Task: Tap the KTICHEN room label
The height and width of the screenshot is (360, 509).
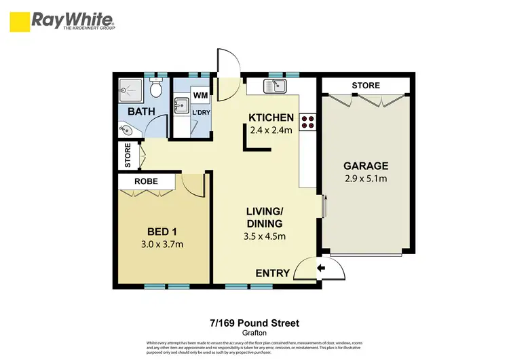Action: point(271,117)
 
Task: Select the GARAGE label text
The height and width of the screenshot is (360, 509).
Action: point(365,166)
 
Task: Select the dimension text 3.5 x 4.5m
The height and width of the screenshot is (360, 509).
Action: point(265,236)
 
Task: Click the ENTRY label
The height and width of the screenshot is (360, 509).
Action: point(272,274)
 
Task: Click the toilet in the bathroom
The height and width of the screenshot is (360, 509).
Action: point(156,88)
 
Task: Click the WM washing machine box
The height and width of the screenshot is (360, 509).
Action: point(200,96)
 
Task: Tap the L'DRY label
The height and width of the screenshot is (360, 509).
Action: point(200,111)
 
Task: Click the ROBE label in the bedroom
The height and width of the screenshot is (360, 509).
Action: point(146,182)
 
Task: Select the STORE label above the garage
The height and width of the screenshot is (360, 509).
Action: point(365,86)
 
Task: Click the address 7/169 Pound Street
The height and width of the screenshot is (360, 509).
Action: point(254,323)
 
